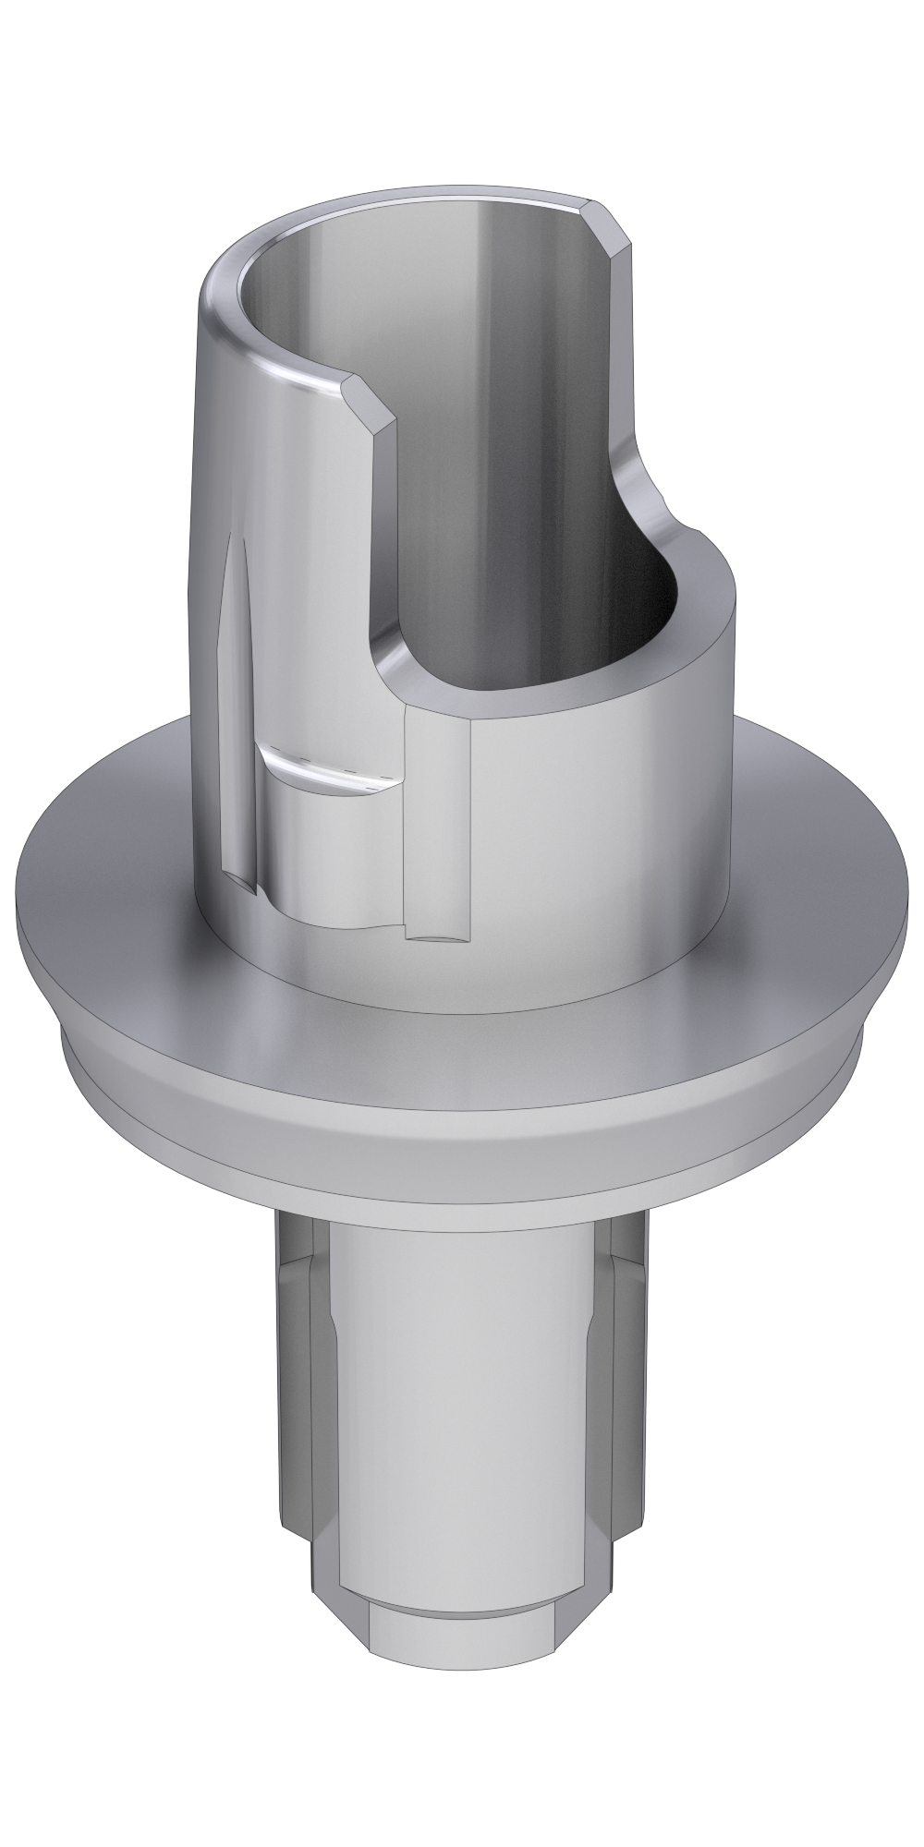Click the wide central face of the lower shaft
pyautogui.click(x=462, y=1431)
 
